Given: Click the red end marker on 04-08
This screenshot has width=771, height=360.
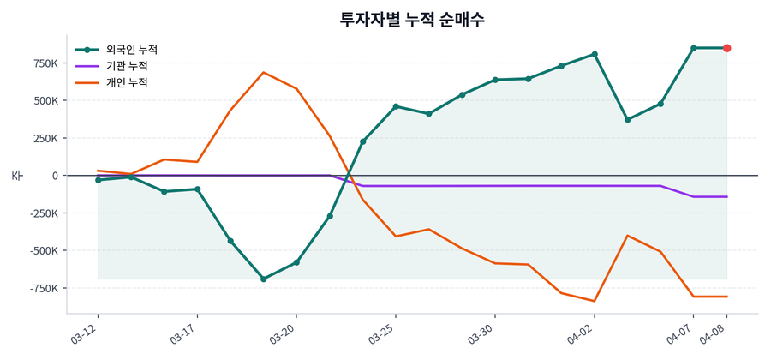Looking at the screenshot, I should pyautogui.click(x=726, y=48).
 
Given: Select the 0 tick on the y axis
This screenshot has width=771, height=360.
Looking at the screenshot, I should pyautogui.click(x=55, y=176).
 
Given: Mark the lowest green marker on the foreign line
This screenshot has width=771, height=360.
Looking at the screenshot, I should pyautogui.click(x=263, y=279).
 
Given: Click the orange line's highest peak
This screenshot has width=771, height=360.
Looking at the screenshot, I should pyautogui.click(x=263, y=73).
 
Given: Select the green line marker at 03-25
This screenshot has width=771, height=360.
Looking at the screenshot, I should pyautogui.click(x=396, y=106).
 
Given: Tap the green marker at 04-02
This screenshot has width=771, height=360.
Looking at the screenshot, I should pyautogui.click(x=595, y=54).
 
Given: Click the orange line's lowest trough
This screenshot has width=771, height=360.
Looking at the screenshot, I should pyautogui.click(x=595, y=301).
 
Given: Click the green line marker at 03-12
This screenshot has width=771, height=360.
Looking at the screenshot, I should pyautogui.click(x=99, y=180).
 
